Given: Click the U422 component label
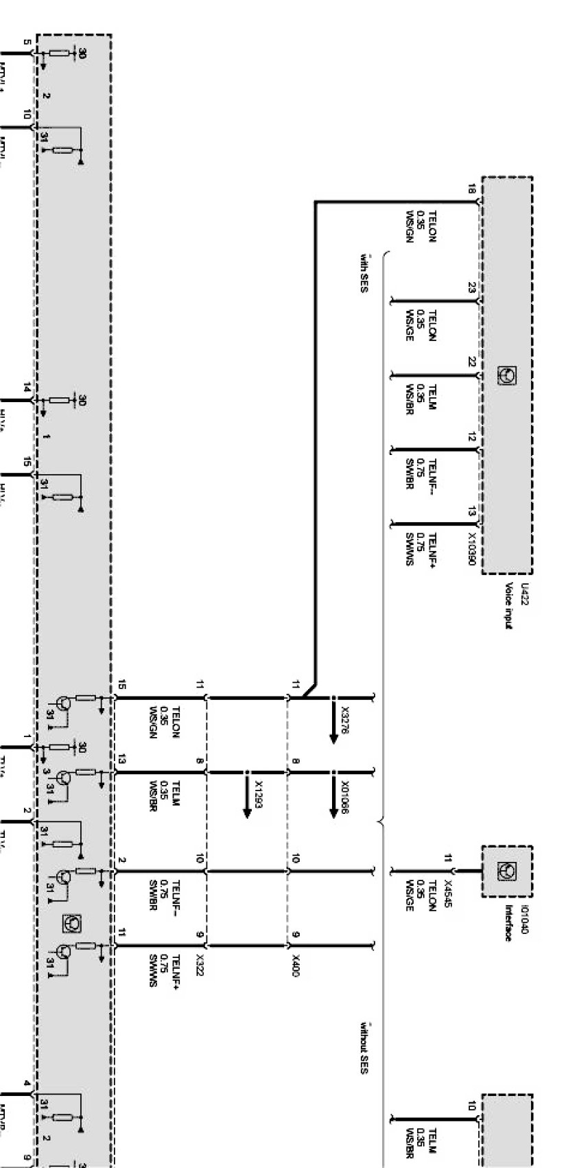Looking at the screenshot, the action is click(x=525, y=591).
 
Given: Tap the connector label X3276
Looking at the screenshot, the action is click(x=344, y=722).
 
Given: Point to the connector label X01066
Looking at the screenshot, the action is click(x=344, y=795).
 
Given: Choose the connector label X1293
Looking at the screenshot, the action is click(x=258, y=795).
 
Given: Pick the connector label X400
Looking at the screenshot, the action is click(x=296, y=962).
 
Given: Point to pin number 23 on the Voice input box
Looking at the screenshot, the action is click(x=472, y=288).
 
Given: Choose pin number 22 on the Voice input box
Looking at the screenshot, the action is click(x=472, y=362).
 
